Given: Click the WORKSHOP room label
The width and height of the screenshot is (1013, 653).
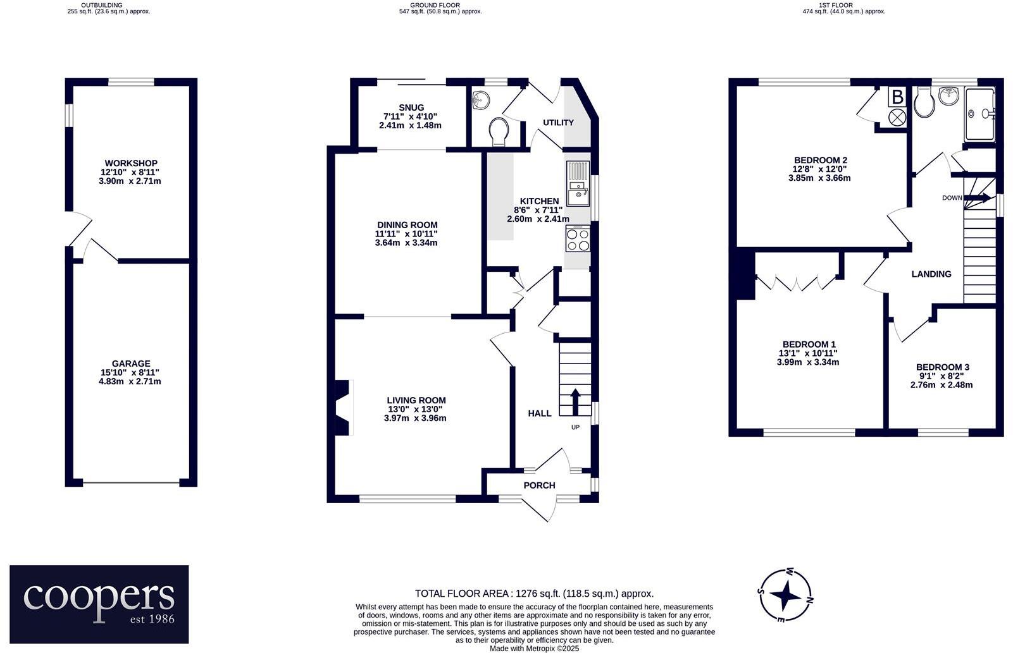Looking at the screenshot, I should coord(131,163).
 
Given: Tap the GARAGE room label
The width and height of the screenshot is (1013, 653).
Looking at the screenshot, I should coord(131,363).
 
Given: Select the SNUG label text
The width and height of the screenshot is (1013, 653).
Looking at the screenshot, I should coord(411,107).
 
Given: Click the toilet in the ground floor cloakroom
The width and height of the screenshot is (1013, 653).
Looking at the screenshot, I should coord(499,131).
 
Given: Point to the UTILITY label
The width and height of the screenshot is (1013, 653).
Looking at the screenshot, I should coord(558,123).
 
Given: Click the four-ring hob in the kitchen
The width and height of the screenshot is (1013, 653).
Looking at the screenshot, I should coord(578,240).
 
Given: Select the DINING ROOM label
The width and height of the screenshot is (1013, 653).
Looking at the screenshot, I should coord(407,225).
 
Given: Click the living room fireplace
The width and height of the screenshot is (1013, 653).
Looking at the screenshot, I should coord(342,407).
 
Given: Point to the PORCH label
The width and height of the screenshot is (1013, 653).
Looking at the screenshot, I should coord(539,485).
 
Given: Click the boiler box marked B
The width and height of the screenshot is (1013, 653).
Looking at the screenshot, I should coord(897,97).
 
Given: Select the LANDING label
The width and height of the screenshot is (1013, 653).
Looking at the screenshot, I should coord(931,274).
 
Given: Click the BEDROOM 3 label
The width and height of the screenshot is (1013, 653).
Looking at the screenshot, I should coord(942,367).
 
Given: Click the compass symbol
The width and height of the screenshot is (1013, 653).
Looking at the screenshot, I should coord(786,595).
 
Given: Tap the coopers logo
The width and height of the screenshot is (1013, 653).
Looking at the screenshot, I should coord(99,604).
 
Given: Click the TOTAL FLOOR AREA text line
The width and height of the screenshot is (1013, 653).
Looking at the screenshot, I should coord(534,594).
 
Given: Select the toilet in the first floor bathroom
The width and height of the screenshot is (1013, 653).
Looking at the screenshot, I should coord(924,103).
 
